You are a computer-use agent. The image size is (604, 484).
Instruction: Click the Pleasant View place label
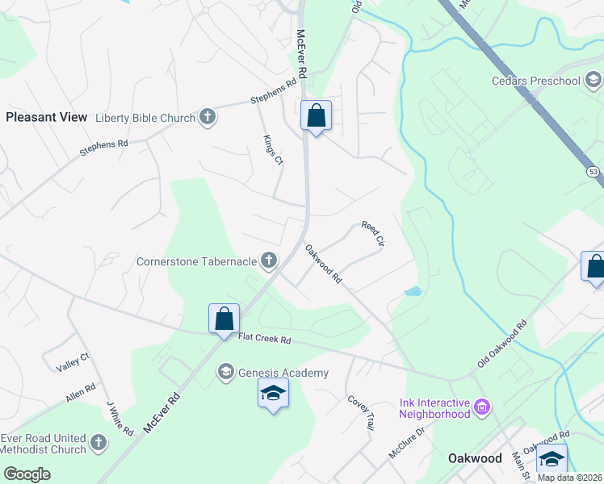click(46, 117)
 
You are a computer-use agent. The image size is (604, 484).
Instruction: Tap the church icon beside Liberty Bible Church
click(207, 118)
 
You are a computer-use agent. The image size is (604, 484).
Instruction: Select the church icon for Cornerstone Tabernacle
click(268, 261)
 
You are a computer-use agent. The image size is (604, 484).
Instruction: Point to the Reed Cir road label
click(372, 235)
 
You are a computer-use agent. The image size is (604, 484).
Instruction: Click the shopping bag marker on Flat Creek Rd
click(224, 318)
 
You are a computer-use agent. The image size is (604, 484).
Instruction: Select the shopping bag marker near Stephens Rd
click(315, 115)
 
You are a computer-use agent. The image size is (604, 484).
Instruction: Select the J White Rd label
click(120, 419)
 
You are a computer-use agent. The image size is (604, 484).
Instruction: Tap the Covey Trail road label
click(361, 411)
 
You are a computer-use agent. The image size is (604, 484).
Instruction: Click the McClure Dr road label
click(406, 440)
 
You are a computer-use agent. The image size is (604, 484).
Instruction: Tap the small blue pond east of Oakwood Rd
click(412, 291)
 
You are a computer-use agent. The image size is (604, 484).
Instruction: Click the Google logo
click(27, 474)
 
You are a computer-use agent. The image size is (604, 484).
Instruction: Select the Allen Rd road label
click(81, 394)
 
